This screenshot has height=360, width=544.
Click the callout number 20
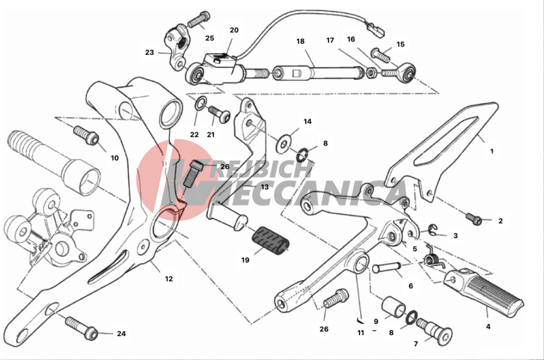click(x=234, y=30)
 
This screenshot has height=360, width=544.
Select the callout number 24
click(x=121, y=333)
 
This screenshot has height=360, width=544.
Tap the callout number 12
click(x=168, y=279)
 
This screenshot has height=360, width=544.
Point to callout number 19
click(x=245, y=260)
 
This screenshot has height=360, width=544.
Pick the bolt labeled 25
click(x=199, y=19)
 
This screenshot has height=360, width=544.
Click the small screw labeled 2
click(x=474, y=219)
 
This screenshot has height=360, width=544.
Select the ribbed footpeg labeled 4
click(x=484, y=291)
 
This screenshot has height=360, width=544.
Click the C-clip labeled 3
click(x=432, y=229)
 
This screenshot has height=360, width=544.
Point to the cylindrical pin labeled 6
click(x=386, y=268)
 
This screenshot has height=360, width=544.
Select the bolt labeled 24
click(x=81, y=327)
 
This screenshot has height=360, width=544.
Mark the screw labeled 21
click(x=219, y=114)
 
